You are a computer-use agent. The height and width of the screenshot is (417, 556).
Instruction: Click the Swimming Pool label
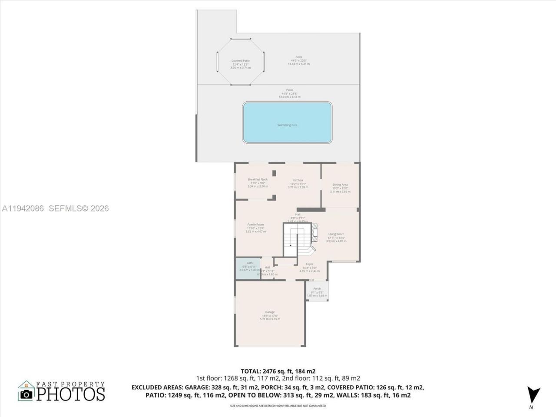287,125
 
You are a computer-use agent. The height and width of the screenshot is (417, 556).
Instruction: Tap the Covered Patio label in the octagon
240,61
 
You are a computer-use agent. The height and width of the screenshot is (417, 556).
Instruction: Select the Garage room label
270,312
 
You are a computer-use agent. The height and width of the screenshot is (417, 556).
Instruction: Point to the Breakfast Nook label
258,179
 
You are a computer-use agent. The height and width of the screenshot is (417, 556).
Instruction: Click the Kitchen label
298,180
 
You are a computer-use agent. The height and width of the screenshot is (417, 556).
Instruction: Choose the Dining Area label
340,185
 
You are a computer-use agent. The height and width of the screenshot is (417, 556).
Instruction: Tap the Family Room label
255,225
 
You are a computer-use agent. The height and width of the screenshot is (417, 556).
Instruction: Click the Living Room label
336,234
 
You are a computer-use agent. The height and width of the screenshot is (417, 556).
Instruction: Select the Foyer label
309,264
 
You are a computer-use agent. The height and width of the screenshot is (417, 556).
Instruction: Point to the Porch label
317,289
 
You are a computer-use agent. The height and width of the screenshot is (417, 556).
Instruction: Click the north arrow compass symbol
533,394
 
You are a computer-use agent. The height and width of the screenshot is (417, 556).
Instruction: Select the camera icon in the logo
26,394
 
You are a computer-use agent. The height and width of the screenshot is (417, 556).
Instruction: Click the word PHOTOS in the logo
70,394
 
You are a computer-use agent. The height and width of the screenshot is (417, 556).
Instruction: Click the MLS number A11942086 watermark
23,208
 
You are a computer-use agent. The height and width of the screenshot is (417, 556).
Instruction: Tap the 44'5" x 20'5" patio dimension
299,60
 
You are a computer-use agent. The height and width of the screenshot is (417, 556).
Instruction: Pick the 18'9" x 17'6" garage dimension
270,316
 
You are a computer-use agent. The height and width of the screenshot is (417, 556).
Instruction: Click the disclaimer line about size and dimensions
278,406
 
